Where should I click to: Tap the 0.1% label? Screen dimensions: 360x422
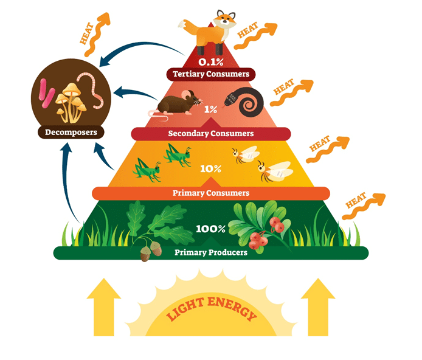tap(210, 61)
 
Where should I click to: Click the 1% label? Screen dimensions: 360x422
tap(210, 110)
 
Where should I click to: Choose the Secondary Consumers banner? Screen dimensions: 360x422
tap(210, 133)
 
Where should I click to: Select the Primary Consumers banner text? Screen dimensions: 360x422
tap(211, 193)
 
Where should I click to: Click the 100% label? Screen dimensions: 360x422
tap(210, 229)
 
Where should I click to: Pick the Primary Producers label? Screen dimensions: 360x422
tap(211, 252)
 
